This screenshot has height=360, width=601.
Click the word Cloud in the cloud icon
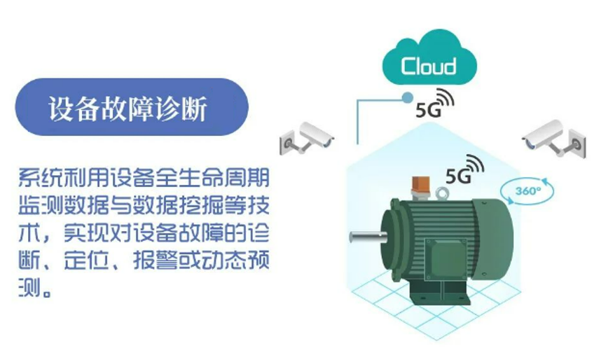[429, 67]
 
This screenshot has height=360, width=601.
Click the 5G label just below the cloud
[424, 111]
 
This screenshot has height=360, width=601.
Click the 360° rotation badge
[527, 191]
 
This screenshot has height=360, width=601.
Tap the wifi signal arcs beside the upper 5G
[443, 99]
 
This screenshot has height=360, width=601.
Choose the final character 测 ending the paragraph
[28, 289]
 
